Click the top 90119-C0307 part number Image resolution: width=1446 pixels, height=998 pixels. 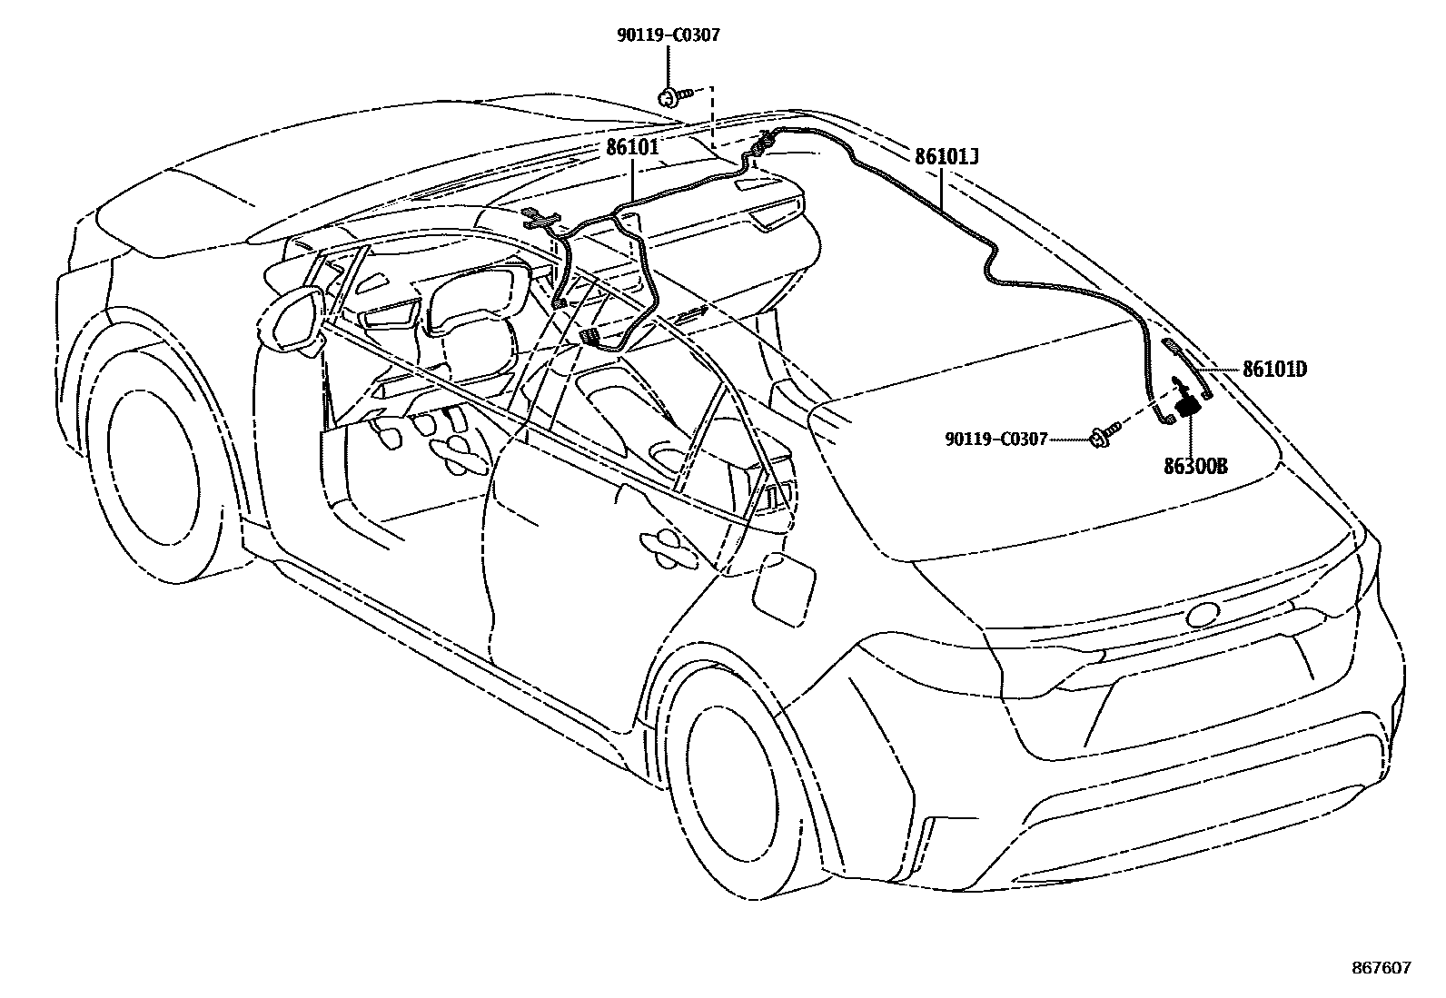[x=669, y=35]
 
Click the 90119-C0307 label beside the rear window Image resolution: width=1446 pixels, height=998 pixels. [x=996, y=439]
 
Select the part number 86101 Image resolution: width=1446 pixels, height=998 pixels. [x=633, y=146]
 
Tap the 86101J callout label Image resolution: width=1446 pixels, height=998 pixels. [x=946, y=156]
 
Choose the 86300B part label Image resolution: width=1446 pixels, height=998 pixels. [x=1195, y=466]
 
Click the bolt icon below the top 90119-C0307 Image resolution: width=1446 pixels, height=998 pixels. [x=673, y=94]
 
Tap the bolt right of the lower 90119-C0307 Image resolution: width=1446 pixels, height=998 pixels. [x=1102, y=435]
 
